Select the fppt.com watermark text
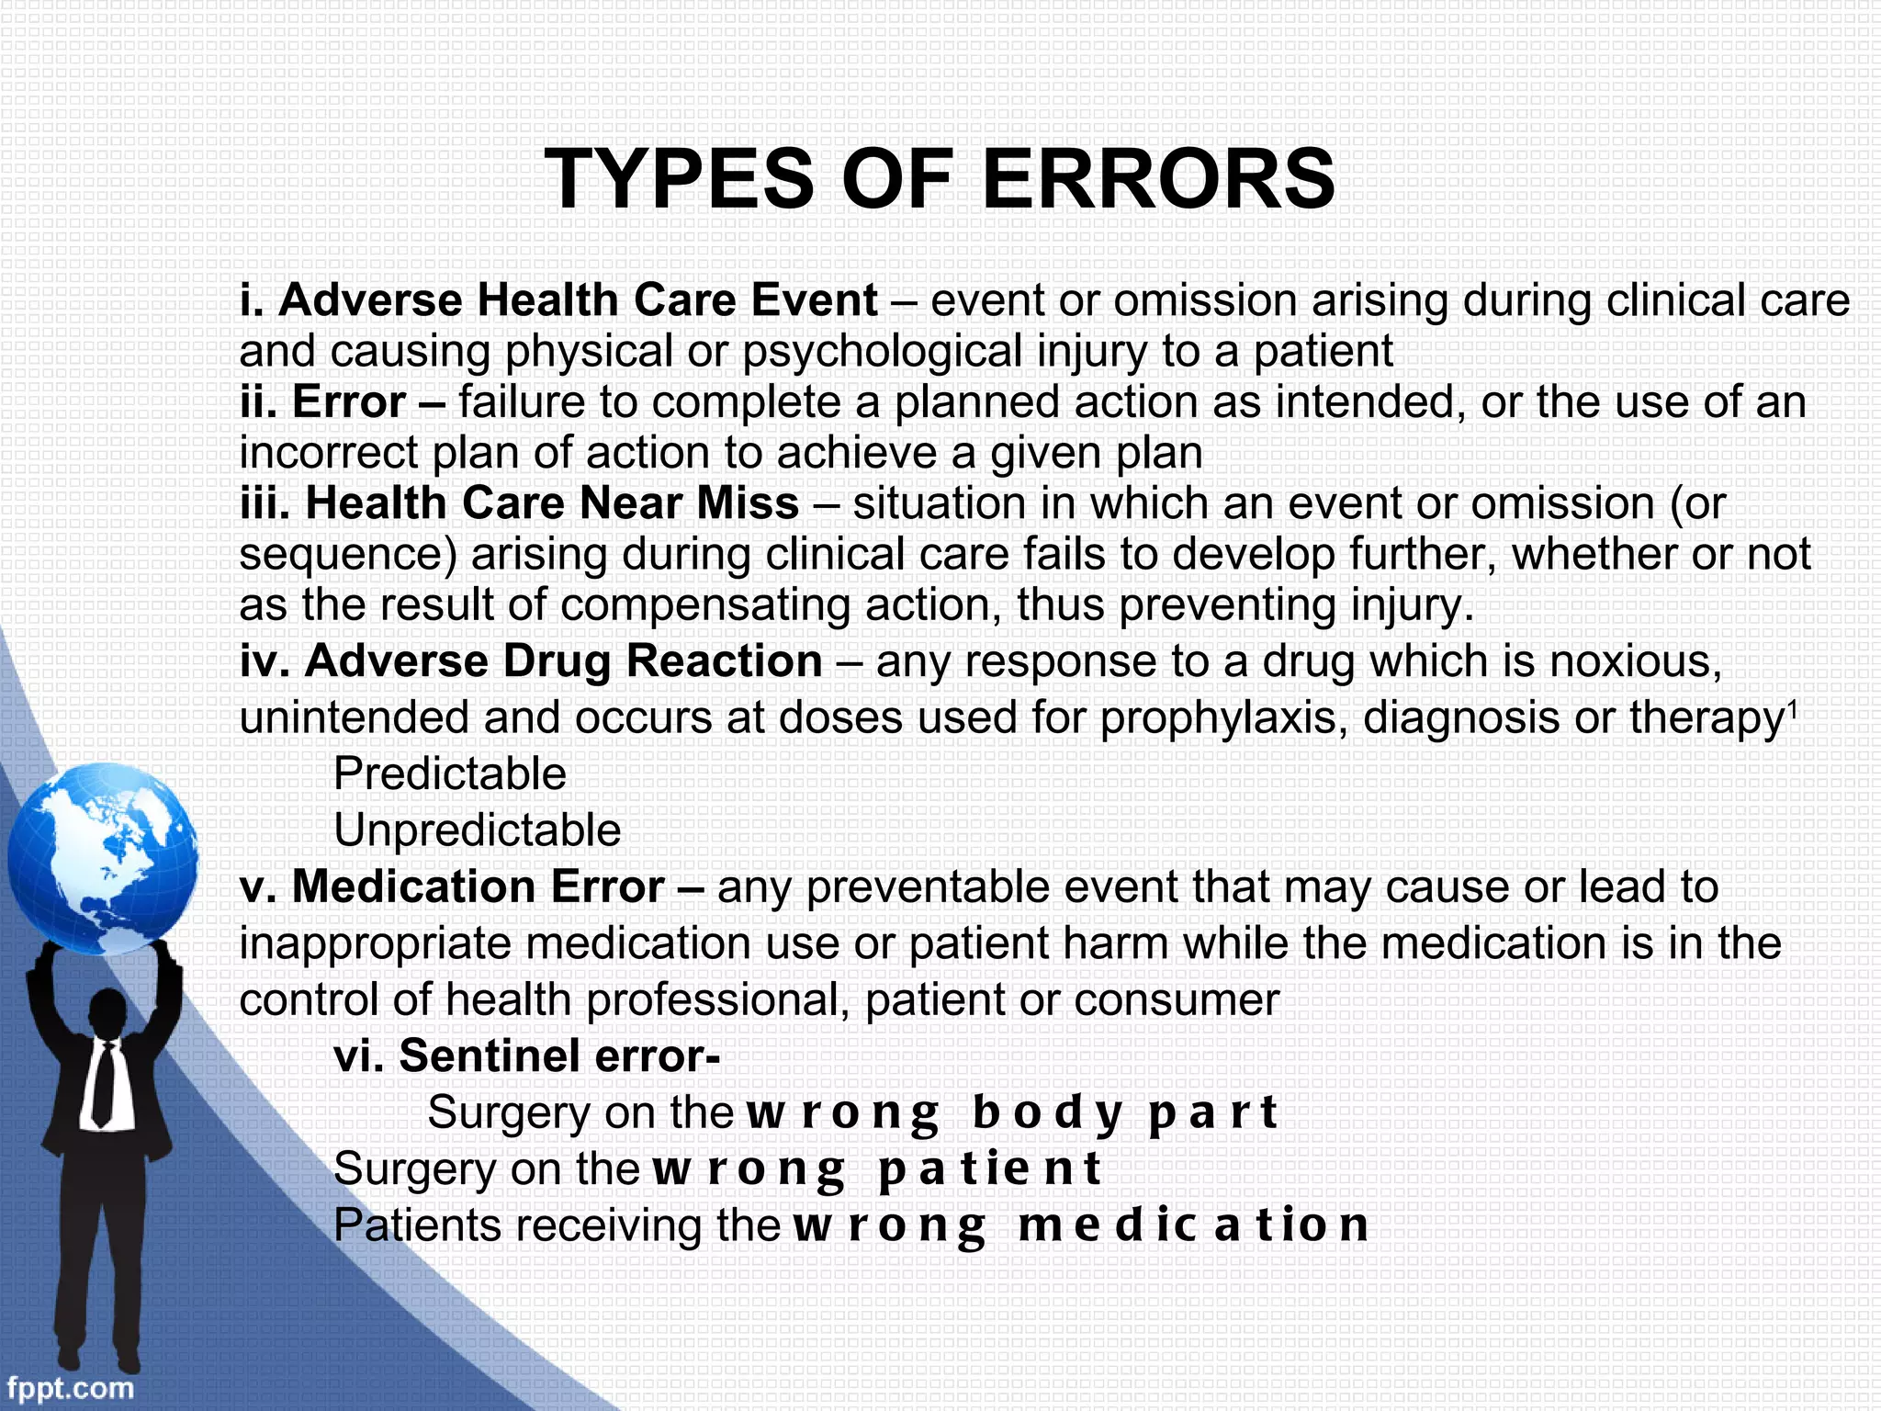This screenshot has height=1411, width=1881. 70,1386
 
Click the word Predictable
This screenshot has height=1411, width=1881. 449,773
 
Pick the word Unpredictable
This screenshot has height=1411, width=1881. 477,830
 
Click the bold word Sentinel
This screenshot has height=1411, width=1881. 490,1056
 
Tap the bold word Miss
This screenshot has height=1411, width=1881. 748,503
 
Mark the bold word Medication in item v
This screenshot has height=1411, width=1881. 413,887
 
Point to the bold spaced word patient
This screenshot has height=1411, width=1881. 989,1169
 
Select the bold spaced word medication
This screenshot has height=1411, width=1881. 1193,1225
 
